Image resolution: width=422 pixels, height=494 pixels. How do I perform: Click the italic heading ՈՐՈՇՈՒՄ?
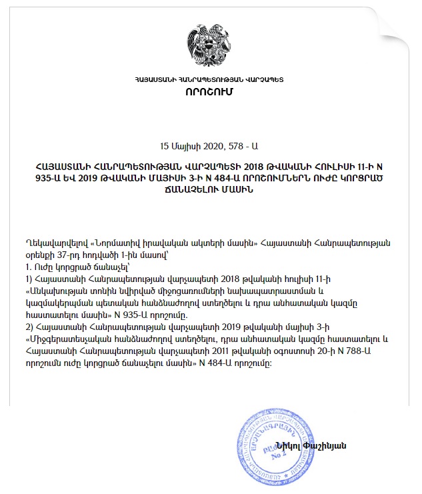tap(210, 91)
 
